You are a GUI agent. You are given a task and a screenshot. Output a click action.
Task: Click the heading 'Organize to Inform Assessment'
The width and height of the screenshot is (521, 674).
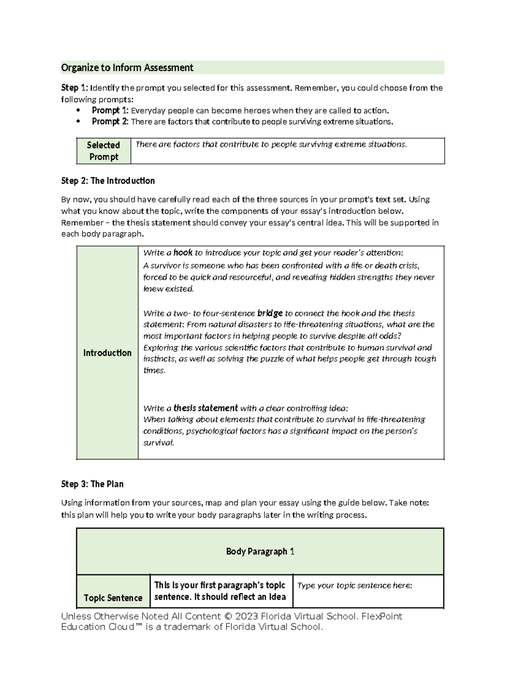(127, 68)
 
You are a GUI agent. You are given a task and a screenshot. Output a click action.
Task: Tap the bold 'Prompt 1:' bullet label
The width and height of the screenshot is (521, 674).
(110, 111)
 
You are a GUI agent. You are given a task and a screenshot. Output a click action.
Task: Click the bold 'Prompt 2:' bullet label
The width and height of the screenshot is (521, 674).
(110, 122)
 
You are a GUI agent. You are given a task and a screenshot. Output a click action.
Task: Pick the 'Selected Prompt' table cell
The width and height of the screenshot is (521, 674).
(103, 151)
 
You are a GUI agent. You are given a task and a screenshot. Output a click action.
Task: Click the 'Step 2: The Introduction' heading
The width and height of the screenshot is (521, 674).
(108, 181)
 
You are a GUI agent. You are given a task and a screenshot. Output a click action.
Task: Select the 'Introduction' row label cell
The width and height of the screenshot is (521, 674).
(107, 353)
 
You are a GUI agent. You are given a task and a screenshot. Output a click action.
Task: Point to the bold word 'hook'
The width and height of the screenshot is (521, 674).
(183, 253)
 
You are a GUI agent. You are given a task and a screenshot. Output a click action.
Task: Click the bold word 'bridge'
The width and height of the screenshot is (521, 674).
(270, 313)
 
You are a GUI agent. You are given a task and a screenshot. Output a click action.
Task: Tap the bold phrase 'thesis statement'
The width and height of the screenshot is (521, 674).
(205, 408)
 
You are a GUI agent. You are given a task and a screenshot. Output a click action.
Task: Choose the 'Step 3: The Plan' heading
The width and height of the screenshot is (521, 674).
(92, 484)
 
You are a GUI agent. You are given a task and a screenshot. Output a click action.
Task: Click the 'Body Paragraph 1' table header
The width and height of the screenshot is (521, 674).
(260, 552)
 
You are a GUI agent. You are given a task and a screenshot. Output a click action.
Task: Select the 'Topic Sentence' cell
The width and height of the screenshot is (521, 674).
(113, 598)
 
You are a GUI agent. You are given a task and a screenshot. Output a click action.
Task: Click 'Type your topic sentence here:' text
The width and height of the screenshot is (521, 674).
(355, 586)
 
